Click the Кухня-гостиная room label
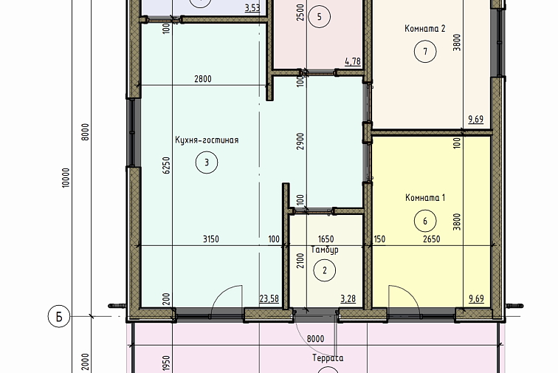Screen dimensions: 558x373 pos(207,140)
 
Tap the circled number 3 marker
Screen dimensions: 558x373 pos(207,162)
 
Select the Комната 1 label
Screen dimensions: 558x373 pos(425,198)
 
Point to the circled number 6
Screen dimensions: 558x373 pos(425,222)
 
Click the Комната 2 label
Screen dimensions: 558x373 pos(425,29)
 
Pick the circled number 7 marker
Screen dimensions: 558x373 pos(425,52)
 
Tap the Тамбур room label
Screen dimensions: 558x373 pos(325,250)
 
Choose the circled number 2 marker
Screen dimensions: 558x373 pos(325,270)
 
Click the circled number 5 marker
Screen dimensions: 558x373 pos(319,17)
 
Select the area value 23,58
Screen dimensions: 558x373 pos(269,298)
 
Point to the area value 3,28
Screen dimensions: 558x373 pos(348,298)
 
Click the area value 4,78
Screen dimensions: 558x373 pos(353,61)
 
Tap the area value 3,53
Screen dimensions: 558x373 pos(252,8)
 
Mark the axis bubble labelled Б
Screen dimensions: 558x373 pos(59,316)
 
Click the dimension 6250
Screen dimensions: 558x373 pos(166,165)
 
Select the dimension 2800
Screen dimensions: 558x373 pos(203,79)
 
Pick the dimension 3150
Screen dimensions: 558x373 pos(211,239)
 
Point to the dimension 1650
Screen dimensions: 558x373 pos(326,239)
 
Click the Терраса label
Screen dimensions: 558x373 pos(328,358)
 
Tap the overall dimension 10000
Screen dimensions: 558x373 pos(66,178)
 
